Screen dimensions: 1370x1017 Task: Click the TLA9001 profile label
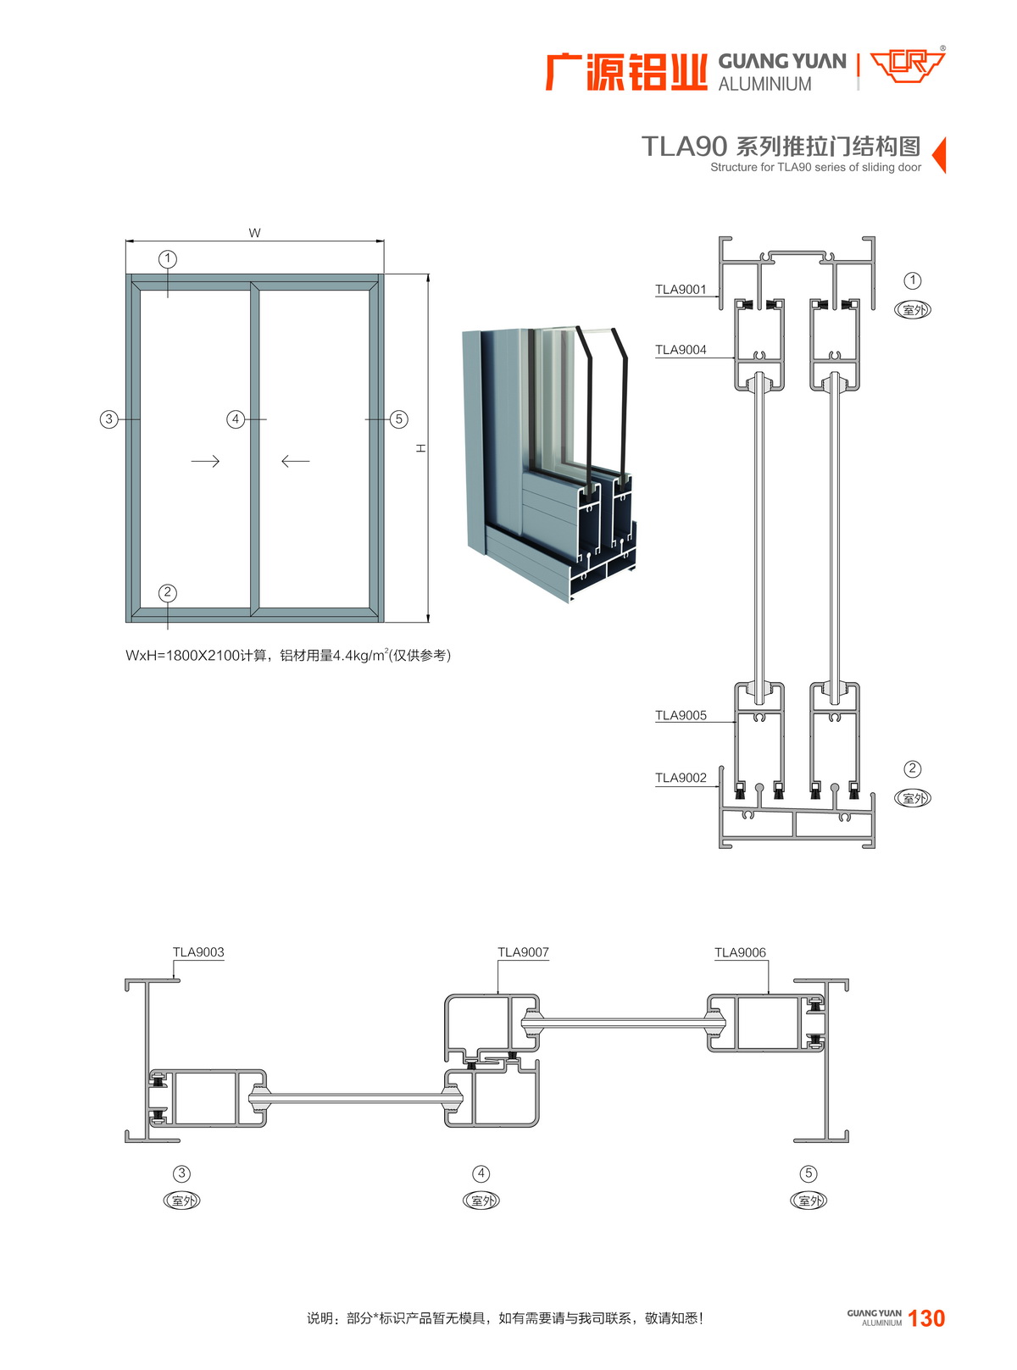click(681, 290)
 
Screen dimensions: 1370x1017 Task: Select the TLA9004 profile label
click(681, 350)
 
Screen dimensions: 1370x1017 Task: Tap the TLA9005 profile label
click(681, 716)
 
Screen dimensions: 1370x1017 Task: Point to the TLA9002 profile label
click(681, 779)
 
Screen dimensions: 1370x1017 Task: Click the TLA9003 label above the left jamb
click(198, 952)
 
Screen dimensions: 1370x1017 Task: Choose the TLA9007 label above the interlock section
click(523, 952)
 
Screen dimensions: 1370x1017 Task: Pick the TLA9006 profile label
click(740, 952)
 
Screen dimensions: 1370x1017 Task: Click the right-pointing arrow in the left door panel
click(205, 461)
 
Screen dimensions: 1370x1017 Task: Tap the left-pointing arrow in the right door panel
click(295, 461)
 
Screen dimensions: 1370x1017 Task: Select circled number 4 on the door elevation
click(236, 419)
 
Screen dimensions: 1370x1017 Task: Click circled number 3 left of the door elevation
click(108, 419)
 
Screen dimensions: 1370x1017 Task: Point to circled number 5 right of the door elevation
click(399, 419)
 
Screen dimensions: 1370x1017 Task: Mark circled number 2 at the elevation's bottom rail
click(168, 592)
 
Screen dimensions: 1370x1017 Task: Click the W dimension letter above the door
click(254, 233)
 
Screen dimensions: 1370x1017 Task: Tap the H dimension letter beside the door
click(420, 448)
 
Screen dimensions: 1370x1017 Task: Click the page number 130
click(926, 1318)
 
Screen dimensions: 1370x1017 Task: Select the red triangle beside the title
click(939, 155)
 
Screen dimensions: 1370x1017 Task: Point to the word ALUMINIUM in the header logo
click(764, 85)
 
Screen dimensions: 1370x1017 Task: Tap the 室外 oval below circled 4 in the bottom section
click(481, 1201)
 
